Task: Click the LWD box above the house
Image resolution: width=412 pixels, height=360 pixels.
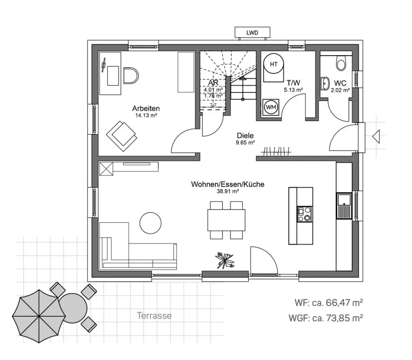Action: pos(252,33)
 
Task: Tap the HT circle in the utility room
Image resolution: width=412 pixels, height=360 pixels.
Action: pos(274,64)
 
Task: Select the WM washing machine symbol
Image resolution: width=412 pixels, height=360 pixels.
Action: pos(270,107)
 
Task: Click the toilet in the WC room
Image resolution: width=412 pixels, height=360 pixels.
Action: pos(341,63)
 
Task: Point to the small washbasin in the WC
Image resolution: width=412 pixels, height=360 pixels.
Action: pos(325,84)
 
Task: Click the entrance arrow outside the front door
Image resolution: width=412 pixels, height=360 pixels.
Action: pos(377,137)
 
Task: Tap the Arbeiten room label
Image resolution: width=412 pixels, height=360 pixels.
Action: pos(146,108)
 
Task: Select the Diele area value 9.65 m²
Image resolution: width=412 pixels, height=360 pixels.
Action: pos(245,142)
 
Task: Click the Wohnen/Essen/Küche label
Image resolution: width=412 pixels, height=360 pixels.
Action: pos(227,184)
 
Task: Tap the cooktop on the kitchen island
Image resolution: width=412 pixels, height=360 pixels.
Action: pos(304,214)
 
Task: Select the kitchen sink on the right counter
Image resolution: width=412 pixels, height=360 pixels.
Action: pos(344,206)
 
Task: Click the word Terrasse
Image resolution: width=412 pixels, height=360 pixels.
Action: pos(154,316)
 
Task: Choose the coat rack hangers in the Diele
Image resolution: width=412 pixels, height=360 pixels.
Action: pos(277,152)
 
